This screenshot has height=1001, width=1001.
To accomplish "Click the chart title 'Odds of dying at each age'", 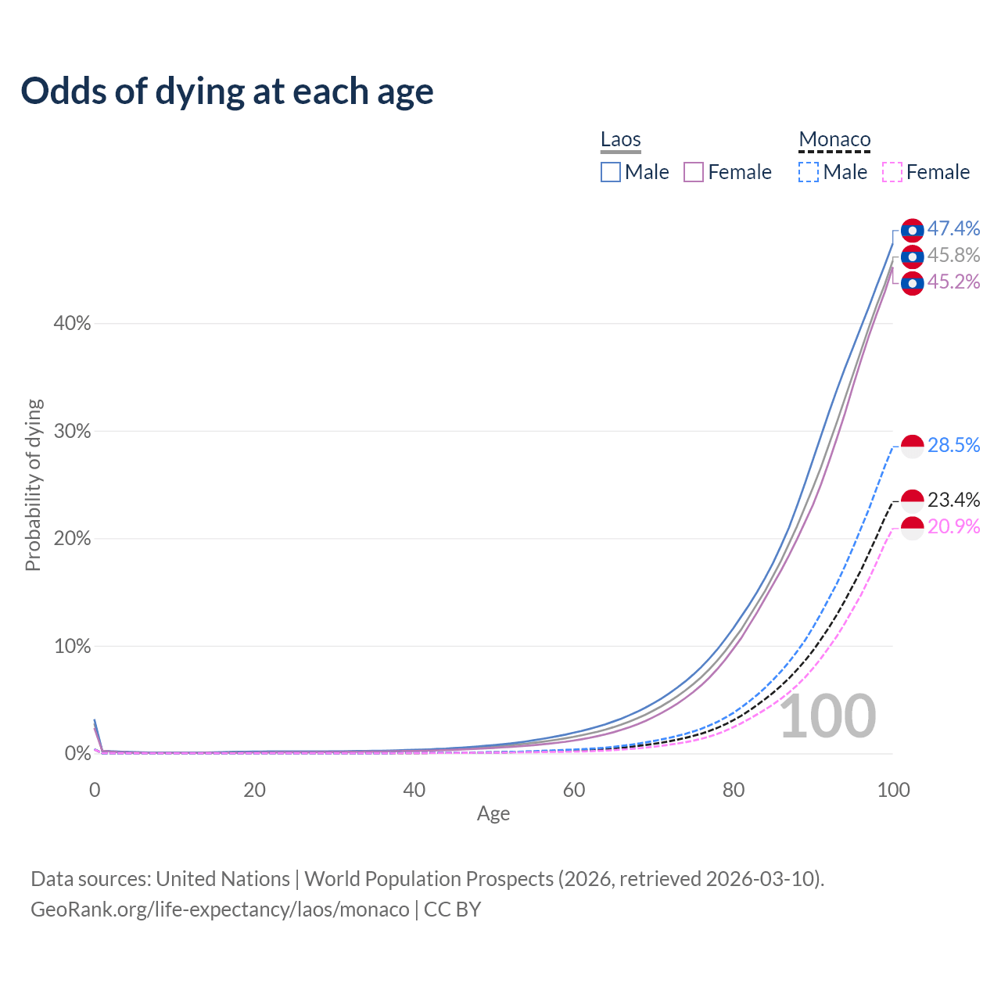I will [227, 91].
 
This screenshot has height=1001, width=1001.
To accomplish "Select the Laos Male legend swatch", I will [611, 172].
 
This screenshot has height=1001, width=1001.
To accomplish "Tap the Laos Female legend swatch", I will [694, 172].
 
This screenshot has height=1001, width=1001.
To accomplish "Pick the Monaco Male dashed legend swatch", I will [809, 172].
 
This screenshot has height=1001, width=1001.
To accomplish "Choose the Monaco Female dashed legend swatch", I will [892, 172].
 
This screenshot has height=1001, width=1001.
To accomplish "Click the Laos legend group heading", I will [621, 140].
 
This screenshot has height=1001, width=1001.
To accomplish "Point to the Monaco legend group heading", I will [834, 140].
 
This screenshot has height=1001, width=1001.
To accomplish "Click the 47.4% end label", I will [953, 228].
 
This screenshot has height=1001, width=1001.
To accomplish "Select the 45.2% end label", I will [953, 282].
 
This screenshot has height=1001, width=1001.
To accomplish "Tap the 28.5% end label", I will [953, 445].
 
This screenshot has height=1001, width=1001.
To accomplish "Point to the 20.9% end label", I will [953, 526].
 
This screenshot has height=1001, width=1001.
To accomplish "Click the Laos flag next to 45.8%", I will [912, 256].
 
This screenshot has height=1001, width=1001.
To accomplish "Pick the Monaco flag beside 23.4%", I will [912, 500].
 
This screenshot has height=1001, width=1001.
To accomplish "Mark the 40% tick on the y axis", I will [72, 324].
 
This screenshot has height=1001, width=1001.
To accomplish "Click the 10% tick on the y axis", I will [72, 647].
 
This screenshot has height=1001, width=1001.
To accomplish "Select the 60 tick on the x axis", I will [574, 790].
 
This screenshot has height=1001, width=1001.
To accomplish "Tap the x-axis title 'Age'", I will [493, 814].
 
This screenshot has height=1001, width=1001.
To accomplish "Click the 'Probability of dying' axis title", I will [33, 485].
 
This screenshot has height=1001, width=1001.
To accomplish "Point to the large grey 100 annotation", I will [827, 716].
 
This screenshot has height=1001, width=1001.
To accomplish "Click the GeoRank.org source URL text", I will [221, 910].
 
